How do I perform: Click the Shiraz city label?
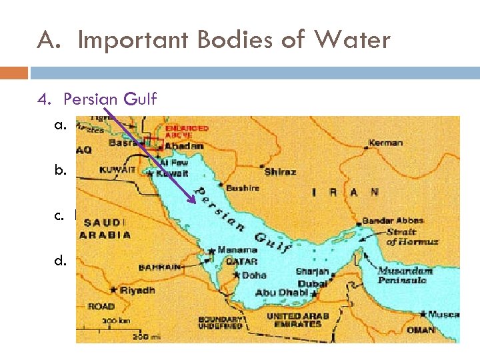tap(280, 171)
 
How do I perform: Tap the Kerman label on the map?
tap(387, 143)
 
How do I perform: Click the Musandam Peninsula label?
tap(402, 276)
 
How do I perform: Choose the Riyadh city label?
tap(137, 290)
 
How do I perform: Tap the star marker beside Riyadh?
tap(114, 290)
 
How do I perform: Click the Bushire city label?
tap(242, 188)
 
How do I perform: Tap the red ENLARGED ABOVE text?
tap(187, 132)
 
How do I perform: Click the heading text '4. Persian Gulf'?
tap(97, 99)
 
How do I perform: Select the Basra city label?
tap(125, 143)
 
